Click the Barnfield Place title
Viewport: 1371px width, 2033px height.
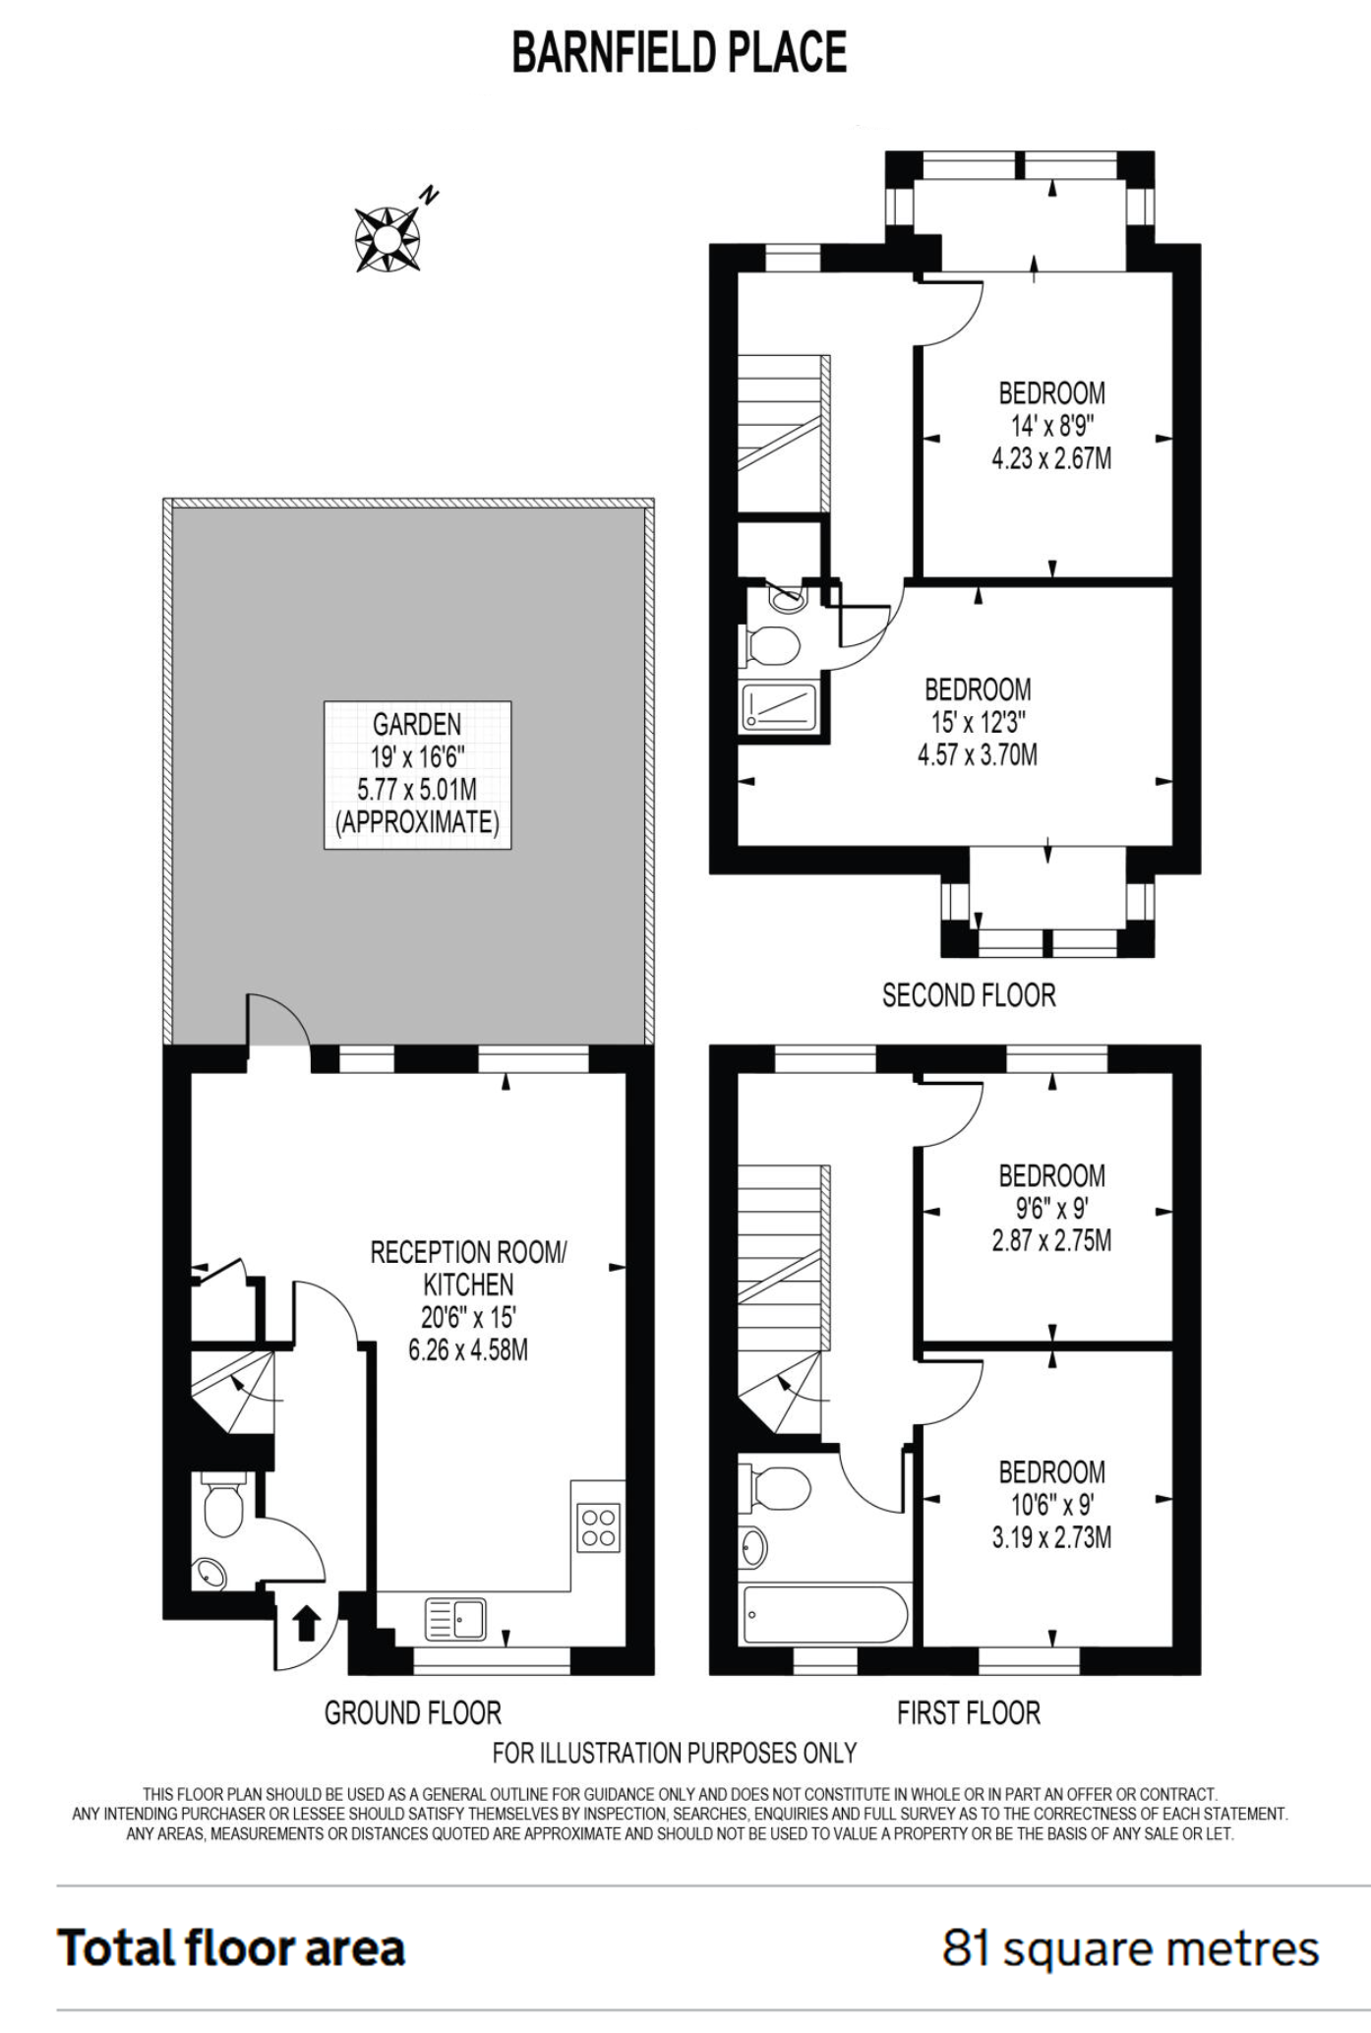coord(680,53)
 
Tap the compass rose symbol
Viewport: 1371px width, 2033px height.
coord(388,237)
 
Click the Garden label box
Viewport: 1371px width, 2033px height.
coord(417,774)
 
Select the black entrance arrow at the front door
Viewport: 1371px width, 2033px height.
coord(305,1623)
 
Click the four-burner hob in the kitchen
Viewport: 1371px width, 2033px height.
coord(599,1527)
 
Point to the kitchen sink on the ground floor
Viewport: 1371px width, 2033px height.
coord(455,1618)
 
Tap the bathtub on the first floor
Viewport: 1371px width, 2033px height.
coord(825,1614)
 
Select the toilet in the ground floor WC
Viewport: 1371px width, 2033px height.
coord(221,1504)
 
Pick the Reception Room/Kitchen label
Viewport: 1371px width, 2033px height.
coord(468,1268)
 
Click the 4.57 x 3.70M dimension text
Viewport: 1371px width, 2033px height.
coord(978,755)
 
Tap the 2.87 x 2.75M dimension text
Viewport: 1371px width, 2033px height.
coord(1051,1240)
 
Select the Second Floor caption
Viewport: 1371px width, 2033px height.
coord(969,995)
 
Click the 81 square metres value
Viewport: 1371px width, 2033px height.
coord(1130,1948)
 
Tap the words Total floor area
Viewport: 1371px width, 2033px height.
coord(231,1947)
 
